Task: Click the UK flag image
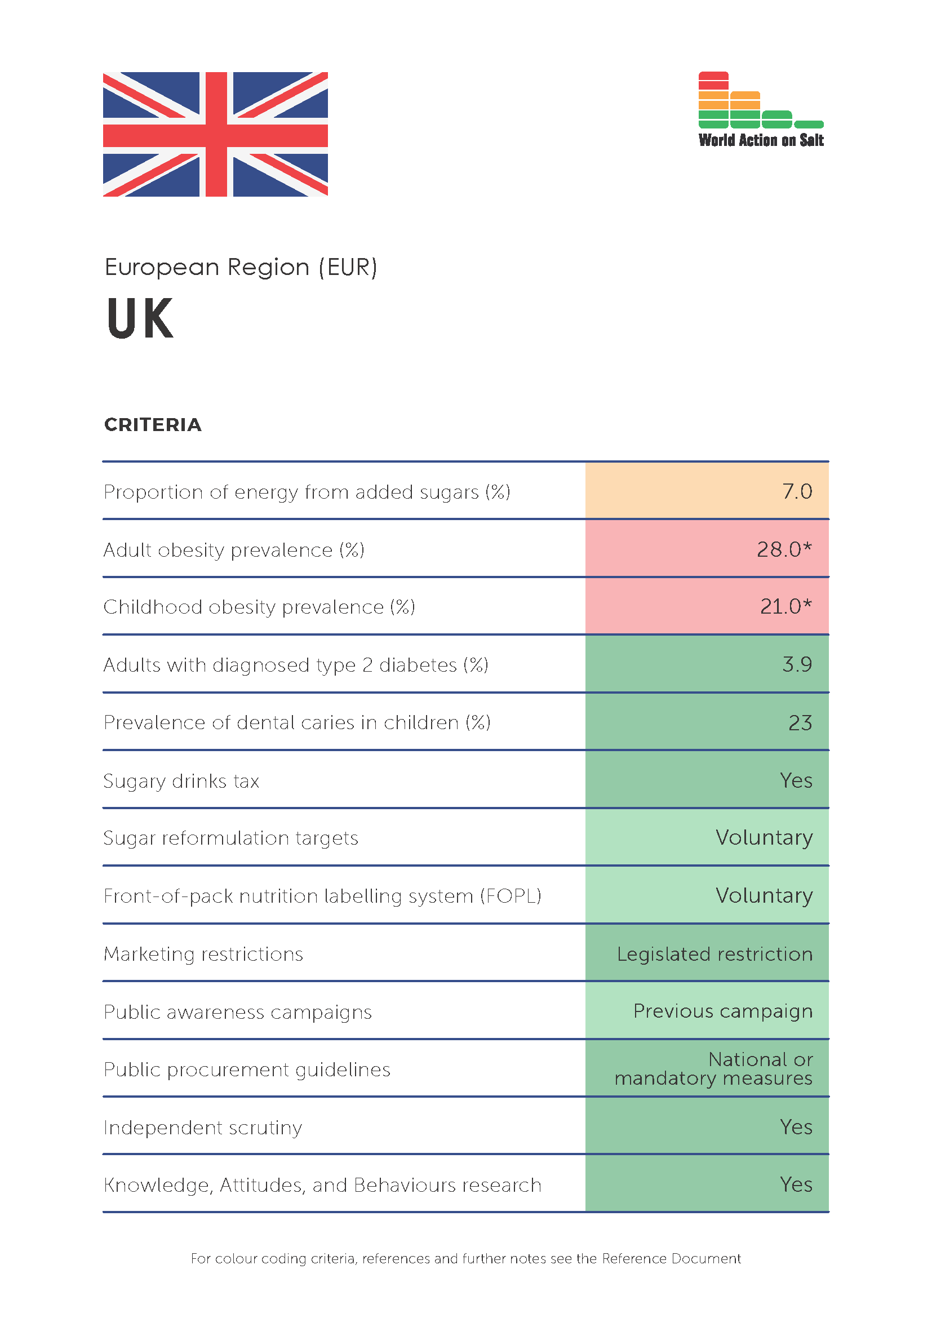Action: click(215, 134)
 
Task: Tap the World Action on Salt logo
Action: click(761, 110)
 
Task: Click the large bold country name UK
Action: click(139, 318)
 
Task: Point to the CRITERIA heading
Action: click(153, 425)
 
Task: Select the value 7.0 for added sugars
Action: click(797, 491)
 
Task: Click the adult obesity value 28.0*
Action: click(784, 549)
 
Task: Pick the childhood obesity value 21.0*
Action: click(786, 606)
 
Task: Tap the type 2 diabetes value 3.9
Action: click(797, 664)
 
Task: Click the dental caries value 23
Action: click(801, 723)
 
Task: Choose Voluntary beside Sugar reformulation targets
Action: click(765, 838)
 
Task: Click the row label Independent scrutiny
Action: click(203, 1128)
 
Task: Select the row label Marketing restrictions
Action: click(203, 954)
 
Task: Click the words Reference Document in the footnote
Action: click(672, 1259)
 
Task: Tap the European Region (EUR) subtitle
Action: click(241, 268)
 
